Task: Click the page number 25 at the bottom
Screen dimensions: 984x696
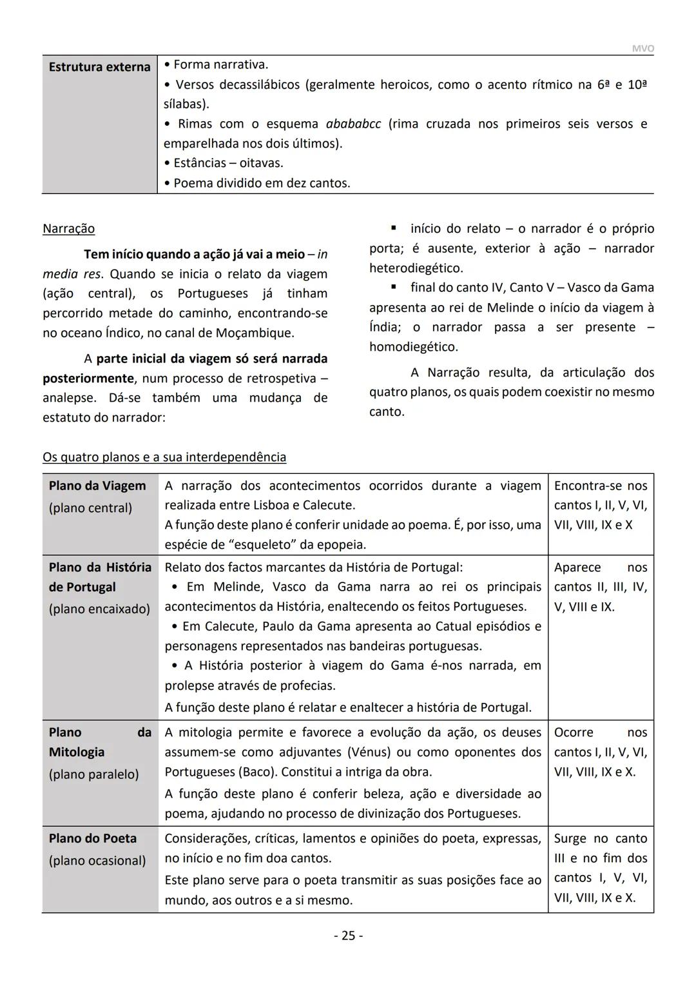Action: click(x=348, y=936)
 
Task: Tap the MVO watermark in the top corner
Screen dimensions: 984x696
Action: click(x=642, y=49)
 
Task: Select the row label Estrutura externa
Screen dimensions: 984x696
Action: click(x=99, y=67)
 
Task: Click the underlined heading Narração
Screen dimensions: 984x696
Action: click(x=68, y=229)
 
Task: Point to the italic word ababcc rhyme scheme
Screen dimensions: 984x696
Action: click(x=353, y=124)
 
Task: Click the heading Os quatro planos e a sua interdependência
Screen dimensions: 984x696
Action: click(x=164, y=457)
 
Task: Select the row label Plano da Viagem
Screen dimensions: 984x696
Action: click(x=97, y=486)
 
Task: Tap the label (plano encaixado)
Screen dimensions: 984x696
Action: click(x=99, y=609)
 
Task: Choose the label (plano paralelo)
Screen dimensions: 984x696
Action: click(x=93, y=774)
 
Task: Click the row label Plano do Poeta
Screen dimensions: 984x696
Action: click(x=93, y=838)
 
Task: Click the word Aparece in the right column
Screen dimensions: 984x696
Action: click(x=577, y=567)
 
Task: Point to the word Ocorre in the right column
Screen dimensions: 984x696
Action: click(x=574, y=733)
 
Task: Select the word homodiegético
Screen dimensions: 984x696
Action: click(x=412, y=347)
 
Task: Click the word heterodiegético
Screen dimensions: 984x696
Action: click(x=415, y=268)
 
